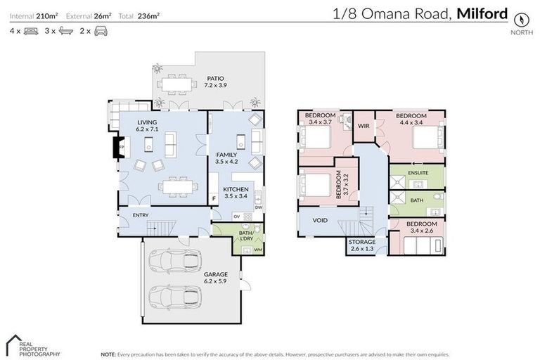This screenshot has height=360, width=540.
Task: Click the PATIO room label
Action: point(215,79)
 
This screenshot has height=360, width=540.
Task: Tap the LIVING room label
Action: point(148,122)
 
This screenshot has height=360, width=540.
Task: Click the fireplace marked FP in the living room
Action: point(117,147)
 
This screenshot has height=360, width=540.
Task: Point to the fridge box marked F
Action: point(214,199)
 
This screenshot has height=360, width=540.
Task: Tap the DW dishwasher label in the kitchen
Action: point(259,207)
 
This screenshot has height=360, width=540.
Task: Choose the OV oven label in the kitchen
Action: point(237,216)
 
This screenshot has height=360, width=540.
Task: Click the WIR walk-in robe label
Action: point(364,126)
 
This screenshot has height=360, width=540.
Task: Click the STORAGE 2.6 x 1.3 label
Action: point(363,245)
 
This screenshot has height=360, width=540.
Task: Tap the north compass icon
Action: point(521,19)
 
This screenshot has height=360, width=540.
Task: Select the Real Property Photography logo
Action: point(28,345)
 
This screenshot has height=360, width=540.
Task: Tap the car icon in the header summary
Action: point(101,31)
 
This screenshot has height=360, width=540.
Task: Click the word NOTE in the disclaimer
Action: point(108,354)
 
